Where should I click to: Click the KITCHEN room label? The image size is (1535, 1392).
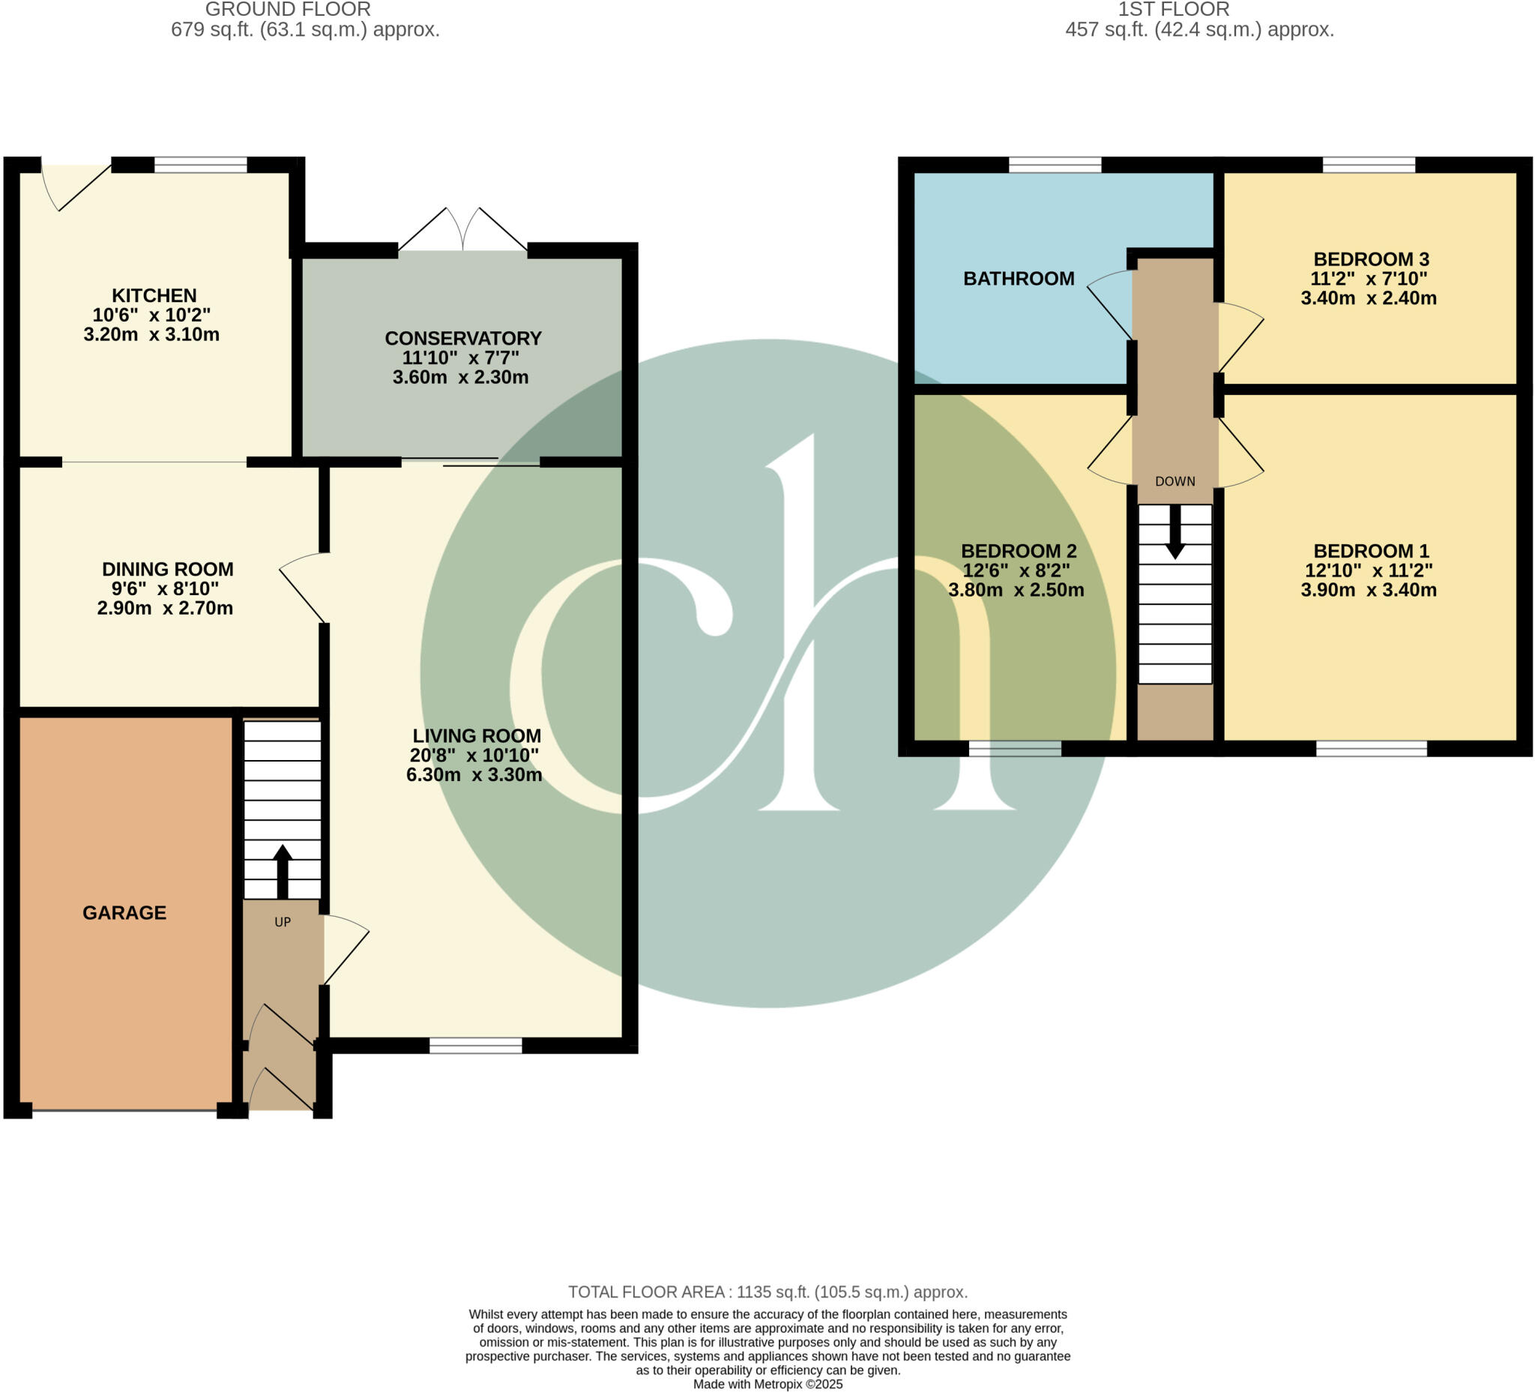[154, 295]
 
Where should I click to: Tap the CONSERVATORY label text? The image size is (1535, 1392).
[463, 338]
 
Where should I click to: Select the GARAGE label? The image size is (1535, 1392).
[124, 912]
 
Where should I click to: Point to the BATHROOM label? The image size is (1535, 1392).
[1019, 279]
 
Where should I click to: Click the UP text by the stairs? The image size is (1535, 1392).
[283, 922]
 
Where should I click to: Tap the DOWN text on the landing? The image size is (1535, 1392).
[1174, 481]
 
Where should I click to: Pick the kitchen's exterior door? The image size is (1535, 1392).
[76, 186]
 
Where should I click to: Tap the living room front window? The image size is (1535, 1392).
[475, 1046]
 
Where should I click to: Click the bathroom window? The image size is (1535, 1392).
[1055, 164]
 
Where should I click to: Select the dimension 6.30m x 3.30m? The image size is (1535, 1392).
[474, 775]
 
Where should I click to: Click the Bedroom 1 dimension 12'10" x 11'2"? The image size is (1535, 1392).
[1369, 570]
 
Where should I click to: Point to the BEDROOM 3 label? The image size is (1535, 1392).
[1371, 259]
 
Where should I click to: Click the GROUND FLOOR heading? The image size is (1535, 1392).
[288, 10]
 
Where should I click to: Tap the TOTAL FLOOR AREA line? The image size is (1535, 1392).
[767, 1292]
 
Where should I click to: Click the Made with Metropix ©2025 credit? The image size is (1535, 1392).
[767, 1384]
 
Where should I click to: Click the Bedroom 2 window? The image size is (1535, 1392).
[1014, 749]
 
